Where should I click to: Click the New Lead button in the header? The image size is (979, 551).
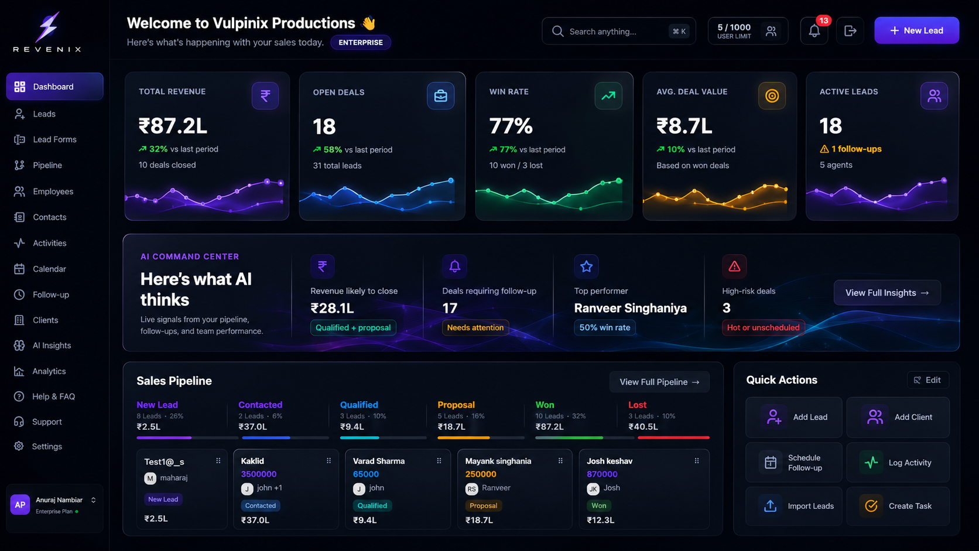click(916, 30)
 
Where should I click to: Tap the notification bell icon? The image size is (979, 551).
click(814, 31)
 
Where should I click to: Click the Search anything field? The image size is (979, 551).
click(618, 31)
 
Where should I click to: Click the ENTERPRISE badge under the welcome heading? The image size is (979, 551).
click(361, 42)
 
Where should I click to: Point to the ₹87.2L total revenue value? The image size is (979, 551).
click(173, 126)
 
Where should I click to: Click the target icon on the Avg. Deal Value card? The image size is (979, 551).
click(772, 95)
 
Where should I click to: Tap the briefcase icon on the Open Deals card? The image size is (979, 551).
click(440, 95)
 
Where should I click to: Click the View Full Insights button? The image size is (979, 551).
click(887, 293)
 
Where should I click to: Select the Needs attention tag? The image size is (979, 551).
click(475, 327)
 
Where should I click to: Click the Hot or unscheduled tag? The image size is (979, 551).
click(763, 327)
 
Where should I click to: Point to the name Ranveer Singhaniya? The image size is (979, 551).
click(630, 308)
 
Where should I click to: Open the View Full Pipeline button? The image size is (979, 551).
click(659, 382)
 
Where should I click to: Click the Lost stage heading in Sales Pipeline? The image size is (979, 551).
click(637, 405)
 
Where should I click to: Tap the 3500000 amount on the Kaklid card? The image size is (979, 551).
click(259, 474)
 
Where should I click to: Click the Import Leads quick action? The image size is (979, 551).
click(794, 506)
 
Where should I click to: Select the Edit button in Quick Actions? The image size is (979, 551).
click(927, 380)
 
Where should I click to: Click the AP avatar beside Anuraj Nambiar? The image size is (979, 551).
click(20, 505)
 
